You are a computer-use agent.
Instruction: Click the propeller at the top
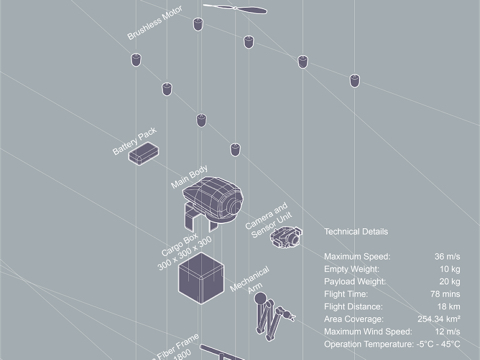[235, 9]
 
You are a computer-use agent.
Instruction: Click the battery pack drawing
[147, 152]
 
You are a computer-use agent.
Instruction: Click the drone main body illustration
[214, 201]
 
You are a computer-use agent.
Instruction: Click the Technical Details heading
[357, 231]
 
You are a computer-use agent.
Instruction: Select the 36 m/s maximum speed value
[445, 257]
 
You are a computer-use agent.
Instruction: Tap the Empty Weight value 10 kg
[449, 269]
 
